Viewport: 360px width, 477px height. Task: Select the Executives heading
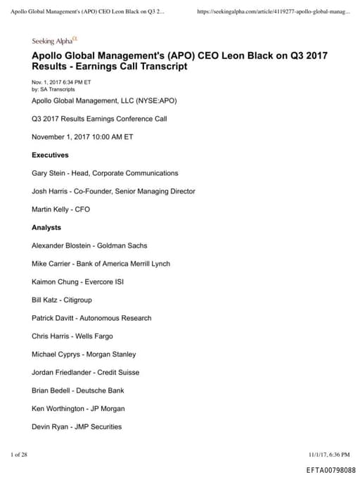click(50, 154)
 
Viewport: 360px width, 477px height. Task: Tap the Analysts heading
click(46, 227)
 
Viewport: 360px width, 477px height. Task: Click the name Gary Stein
click(48, 172)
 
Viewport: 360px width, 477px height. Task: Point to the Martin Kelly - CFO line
click(61, 209)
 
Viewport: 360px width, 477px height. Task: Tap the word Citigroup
click(83, 300)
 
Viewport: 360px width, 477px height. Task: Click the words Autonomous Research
click(114, 318)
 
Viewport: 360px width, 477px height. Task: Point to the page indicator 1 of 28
click(19, 454)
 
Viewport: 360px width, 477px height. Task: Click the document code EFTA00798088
click(330, 469)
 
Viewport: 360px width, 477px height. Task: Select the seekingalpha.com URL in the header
click(274, 12)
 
